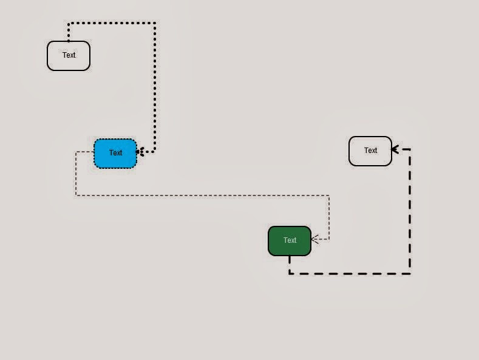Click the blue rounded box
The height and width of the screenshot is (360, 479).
click(115, 154)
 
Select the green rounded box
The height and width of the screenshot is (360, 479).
click(290, 241)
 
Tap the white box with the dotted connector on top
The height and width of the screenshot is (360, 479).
click(69, 56)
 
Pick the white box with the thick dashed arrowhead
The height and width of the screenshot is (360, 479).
click(370, 151)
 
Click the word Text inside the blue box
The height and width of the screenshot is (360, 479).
click(115, 152)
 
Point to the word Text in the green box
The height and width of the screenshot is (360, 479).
click(290, 240)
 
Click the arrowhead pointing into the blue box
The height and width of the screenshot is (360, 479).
click(140, 151)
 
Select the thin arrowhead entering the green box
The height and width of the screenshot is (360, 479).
click(315, 239)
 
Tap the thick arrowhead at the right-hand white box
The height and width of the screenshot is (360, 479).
click(395, 149)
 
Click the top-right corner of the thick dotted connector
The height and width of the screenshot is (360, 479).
click(155, 23)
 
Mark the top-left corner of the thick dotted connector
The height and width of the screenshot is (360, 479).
click(69, 23)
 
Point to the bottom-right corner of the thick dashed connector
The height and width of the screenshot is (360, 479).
click(410, 274)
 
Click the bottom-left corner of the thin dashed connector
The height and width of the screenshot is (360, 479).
click(76, 195)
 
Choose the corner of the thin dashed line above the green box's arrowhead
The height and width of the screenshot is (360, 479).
click(329, 195)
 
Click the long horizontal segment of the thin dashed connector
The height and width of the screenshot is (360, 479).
click(203, 195)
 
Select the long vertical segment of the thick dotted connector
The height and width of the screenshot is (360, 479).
click(155, 87)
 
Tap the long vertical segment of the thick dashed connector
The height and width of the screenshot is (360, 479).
click(410, 211)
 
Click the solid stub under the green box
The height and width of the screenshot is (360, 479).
click(290, 260)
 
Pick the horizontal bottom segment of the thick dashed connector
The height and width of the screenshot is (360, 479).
click(350, 274)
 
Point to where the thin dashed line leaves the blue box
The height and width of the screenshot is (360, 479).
click(93, 152)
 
